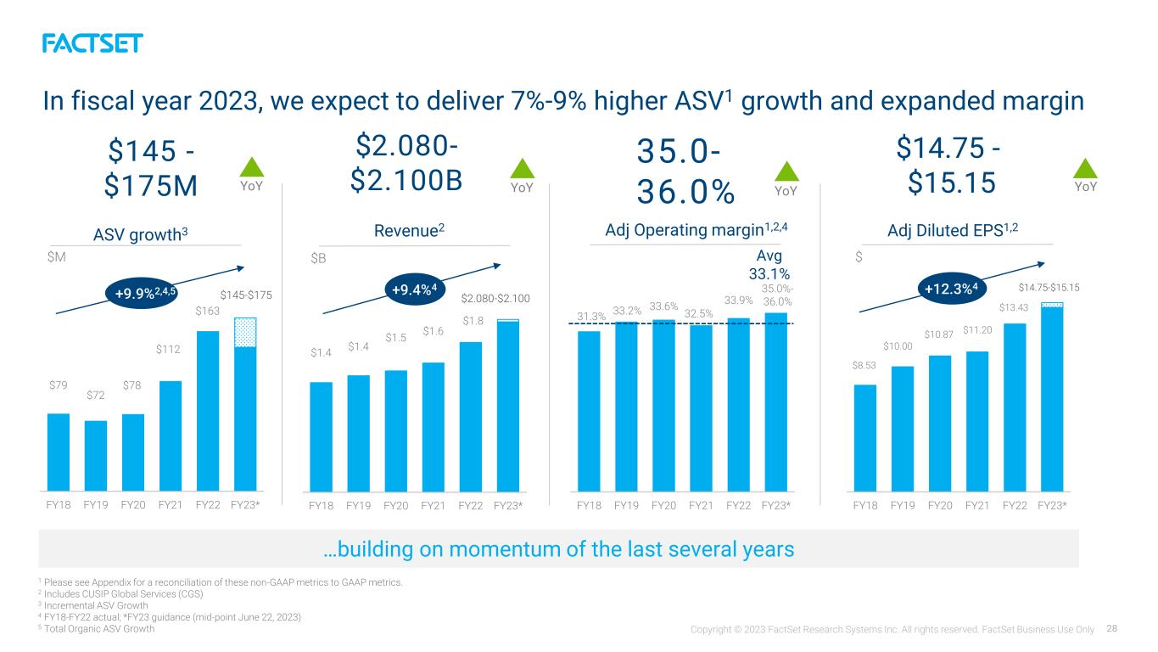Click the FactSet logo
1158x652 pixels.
click(92, 43)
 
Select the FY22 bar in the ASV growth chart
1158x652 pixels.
click(208, 411)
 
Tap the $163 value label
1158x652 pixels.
click(207, 311)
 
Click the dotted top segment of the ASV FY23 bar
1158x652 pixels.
click(245, 332)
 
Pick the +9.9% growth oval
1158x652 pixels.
click(142, 294)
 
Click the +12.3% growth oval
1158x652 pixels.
click(952, 289)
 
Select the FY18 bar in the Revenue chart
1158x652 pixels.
click(321, 436)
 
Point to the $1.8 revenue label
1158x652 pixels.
click(473, 321)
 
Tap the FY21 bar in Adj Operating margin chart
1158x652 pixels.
click(701, 407)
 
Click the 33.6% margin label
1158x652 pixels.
click(663, 306)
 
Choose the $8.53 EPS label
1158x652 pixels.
click(864, 365)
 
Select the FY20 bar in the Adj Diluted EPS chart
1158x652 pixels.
click(940, 424)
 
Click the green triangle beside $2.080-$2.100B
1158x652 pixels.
click(522, 168)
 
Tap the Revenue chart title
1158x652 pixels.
click(409, 230)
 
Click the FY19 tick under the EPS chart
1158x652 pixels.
click(903, 505)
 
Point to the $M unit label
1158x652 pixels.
click(56, 257)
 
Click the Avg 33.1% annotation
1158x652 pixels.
click(769, 264)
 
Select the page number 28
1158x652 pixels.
click(1112, 629)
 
